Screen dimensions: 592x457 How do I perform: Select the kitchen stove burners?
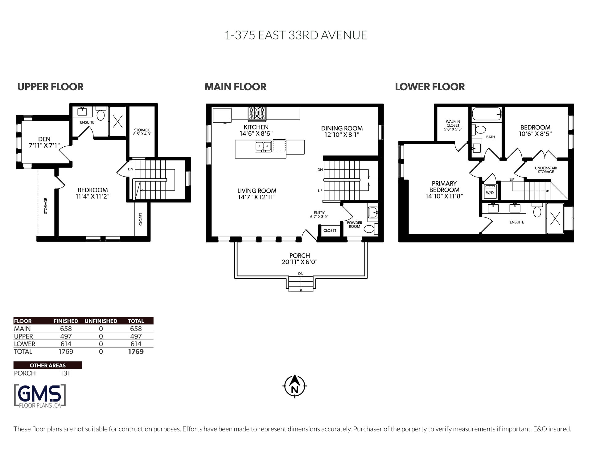(257, 113)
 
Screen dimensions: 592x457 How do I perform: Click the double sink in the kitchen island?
(263, 146)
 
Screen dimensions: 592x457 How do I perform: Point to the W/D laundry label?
(490, 193)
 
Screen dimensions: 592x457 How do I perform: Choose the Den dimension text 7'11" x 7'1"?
(44, 145)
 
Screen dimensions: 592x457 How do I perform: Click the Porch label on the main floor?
(299, 255)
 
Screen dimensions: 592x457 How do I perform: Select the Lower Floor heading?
(430, 87)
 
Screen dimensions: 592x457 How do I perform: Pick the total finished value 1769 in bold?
(136, 352)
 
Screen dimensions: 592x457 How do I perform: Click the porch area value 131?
(65, 373)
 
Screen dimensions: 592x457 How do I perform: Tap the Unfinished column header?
(101, 321)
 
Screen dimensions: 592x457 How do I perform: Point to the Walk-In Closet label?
(453, 125)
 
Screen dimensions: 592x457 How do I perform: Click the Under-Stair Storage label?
(546, 170)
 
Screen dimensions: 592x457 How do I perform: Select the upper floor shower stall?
(117, 121)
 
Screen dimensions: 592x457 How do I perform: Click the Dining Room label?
(342, 128)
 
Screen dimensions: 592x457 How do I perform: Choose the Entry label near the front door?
(319, 213)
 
